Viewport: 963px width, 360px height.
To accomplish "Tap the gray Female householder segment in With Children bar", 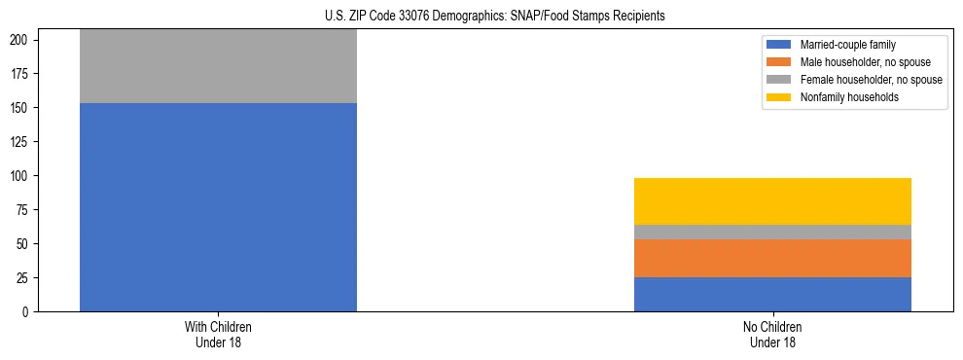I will (x=218, y=66).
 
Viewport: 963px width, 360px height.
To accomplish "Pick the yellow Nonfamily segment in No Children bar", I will (x=772, y=201).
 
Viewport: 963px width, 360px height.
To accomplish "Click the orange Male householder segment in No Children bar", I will (x=772, y=258).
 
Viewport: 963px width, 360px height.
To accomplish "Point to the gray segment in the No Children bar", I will (x=772, y=232).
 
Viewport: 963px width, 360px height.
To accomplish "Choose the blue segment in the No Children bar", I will (x=772, y=294).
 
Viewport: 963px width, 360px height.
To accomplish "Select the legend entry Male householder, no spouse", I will (x=865, y=62).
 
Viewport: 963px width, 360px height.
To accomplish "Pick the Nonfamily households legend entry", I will (x=843, y=97).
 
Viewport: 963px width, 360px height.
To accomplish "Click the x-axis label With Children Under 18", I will (x=218, y=334).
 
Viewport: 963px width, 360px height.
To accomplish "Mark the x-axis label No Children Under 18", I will (x=772, y=334).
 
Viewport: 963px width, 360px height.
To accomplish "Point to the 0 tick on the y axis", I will (x=27, y=312).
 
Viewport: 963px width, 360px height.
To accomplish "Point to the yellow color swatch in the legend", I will (x=779, y=97).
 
